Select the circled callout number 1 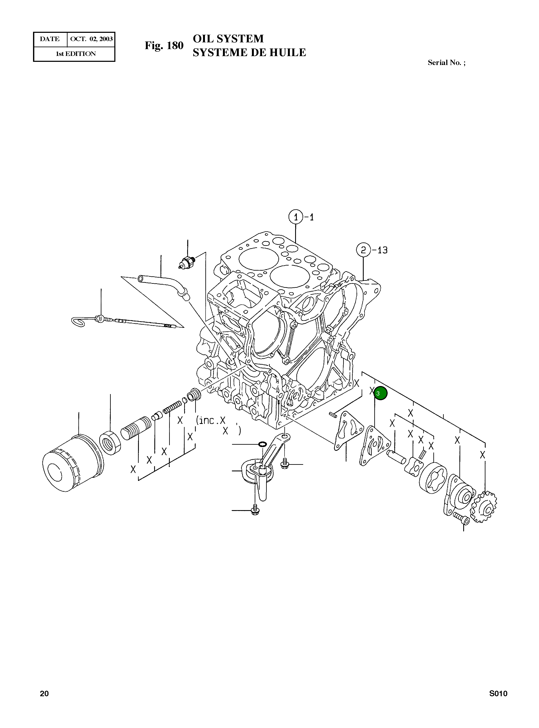click(x=296, y=217)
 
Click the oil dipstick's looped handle click(x=78, y=322)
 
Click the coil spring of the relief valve click(x=172, y=407)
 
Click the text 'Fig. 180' click(x=164, y=46)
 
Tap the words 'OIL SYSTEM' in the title click(x=228, y=39)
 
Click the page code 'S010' click(x=498, y=703)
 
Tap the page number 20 click(x=44, y=703)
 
